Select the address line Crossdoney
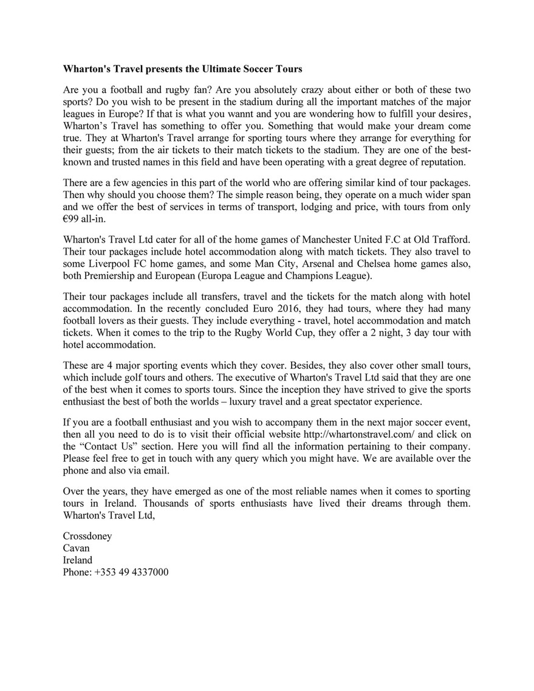point(87,537)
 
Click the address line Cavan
point(76,548)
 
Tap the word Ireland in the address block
point(78,560)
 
